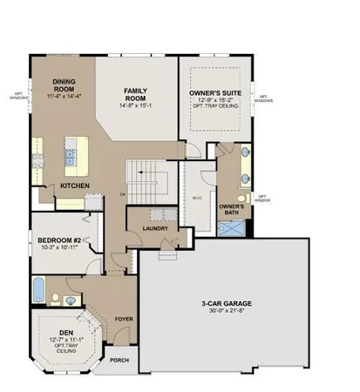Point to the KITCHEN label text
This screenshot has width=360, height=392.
(73, 185)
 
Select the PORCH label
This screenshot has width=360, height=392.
(121, 360)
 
